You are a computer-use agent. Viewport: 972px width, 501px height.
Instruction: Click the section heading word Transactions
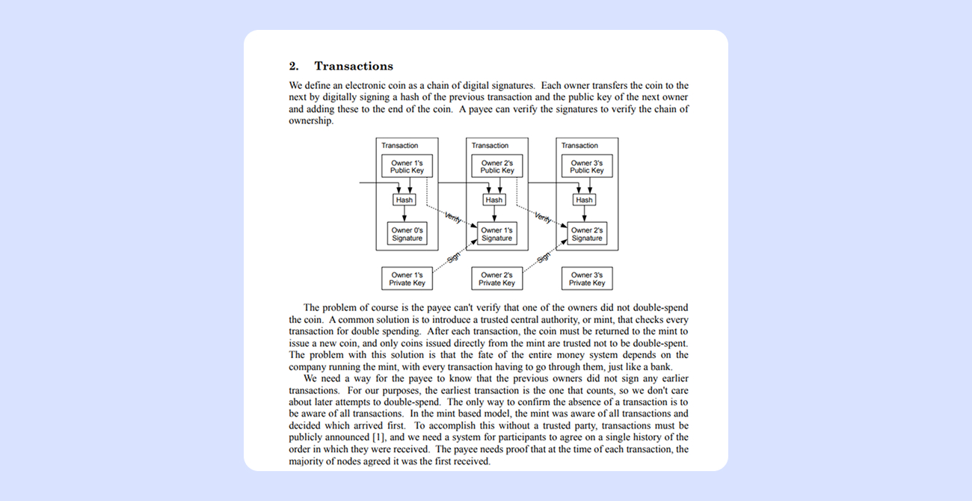354,66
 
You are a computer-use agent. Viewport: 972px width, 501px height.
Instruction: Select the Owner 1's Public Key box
407,166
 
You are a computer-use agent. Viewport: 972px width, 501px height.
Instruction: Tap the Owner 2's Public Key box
497,166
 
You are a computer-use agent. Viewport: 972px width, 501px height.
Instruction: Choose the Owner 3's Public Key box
587,166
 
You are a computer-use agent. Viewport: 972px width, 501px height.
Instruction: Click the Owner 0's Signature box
407,234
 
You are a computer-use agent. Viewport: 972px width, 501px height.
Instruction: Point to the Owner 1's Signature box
497,234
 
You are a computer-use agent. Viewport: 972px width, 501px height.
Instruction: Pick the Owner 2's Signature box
587,234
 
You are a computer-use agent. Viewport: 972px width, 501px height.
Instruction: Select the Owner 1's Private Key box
407,279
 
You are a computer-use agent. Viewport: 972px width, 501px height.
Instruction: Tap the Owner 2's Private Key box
497,279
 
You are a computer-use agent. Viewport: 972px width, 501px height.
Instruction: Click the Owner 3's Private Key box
587,279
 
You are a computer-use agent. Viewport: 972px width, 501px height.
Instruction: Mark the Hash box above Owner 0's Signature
405,200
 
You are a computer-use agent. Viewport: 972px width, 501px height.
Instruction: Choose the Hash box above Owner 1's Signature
494,200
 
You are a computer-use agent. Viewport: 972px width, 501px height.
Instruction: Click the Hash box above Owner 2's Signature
584,200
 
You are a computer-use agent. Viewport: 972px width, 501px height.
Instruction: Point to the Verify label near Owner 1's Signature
453,217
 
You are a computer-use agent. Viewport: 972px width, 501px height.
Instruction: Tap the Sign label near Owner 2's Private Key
544,258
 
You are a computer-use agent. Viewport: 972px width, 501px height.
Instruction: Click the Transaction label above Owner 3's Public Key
579,145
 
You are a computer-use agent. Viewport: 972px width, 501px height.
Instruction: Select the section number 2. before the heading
294,66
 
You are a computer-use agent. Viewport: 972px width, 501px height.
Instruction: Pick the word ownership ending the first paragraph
311,121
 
